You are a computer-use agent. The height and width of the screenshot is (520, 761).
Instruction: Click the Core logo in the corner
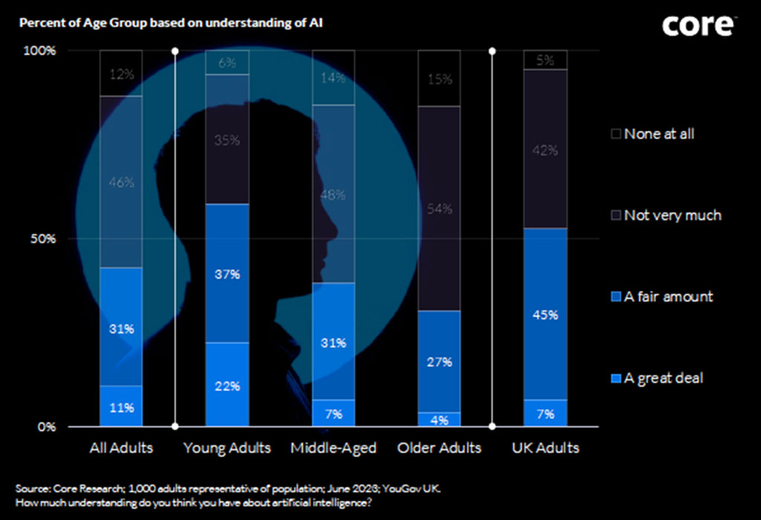(699, 26)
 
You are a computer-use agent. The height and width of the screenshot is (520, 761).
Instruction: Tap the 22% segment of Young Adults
(227, 385)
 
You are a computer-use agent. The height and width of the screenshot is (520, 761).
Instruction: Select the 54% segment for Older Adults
(439, 209)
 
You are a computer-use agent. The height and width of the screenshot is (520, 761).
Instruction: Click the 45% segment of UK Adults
(545, 313)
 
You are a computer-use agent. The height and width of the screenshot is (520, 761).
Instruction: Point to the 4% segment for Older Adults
(439, 420)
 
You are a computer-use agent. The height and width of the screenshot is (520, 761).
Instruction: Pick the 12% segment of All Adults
(121, 74)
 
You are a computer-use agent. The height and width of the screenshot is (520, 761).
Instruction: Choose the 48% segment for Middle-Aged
(333, 194)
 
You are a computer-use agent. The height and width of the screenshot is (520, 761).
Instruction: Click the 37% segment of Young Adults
(227, 273)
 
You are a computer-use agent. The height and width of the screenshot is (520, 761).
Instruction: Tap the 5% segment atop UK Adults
(545, 60)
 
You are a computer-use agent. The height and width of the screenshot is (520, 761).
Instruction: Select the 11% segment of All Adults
(121, 406)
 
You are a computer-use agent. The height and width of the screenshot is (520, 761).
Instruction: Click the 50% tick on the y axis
(43, 239)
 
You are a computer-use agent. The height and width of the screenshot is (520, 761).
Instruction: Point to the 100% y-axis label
(42, 51)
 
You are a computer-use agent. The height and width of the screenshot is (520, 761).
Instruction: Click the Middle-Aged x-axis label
(334, 448)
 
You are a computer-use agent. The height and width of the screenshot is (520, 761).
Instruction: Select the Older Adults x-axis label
(439, 448)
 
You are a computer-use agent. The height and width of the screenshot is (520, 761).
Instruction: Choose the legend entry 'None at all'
(658, 134)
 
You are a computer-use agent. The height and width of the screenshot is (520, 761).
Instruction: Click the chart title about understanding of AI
(170, 22)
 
